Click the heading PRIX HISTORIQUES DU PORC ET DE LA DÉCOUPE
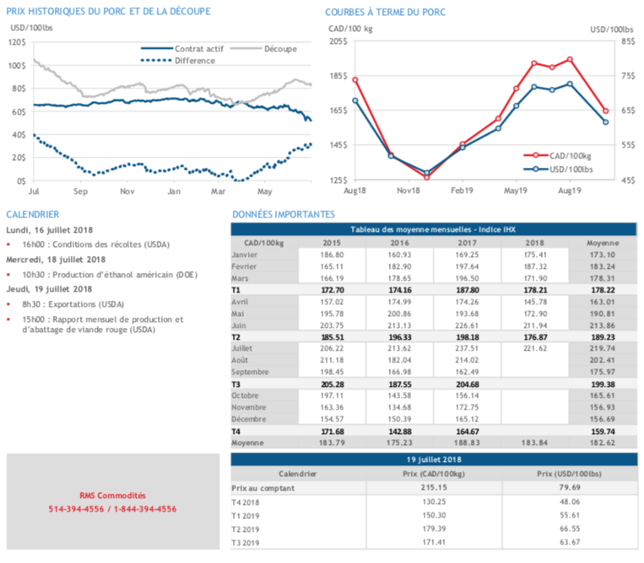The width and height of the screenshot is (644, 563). click(108, 12)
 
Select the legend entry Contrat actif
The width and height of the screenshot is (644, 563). click(196, 49)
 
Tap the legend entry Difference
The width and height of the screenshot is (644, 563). click(196, 61)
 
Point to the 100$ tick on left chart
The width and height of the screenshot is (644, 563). click(16, 65)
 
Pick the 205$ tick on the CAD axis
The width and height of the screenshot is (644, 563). click(337, 41)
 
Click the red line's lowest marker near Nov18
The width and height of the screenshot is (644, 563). click(426, 177)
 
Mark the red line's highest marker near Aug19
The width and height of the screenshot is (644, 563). click(571, 60)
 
